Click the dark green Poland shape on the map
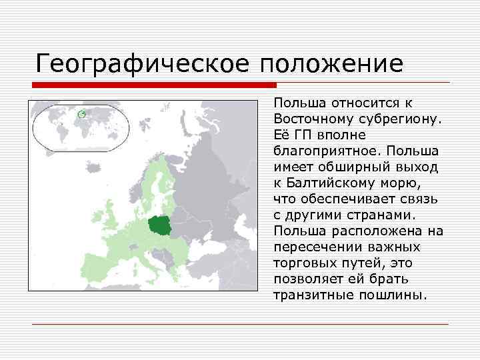pos(161,227)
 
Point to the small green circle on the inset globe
pos(81,114)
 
